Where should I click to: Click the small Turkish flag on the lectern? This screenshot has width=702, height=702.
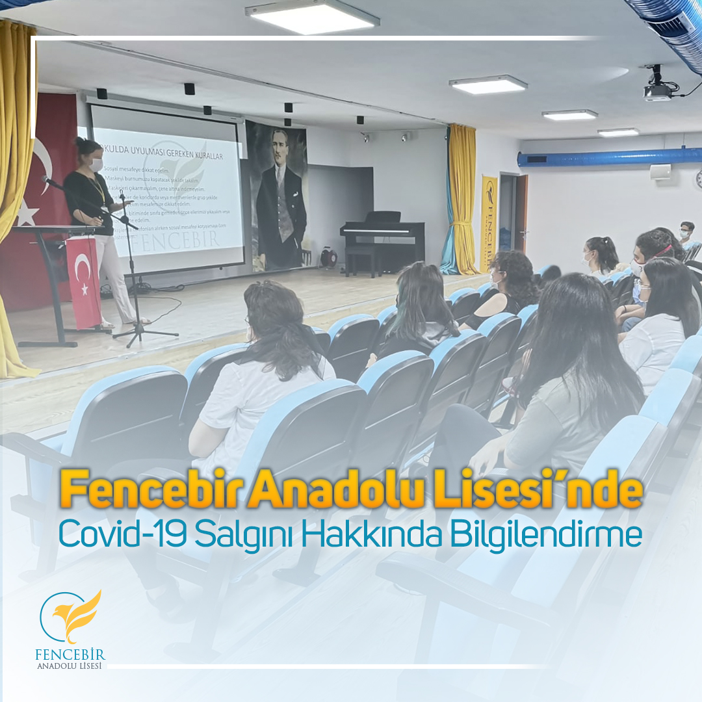click(84, 280)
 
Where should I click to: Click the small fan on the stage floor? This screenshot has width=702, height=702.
click(329, 258)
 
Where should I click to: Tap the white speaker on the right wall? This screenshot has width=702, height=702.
click(660, 172)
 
